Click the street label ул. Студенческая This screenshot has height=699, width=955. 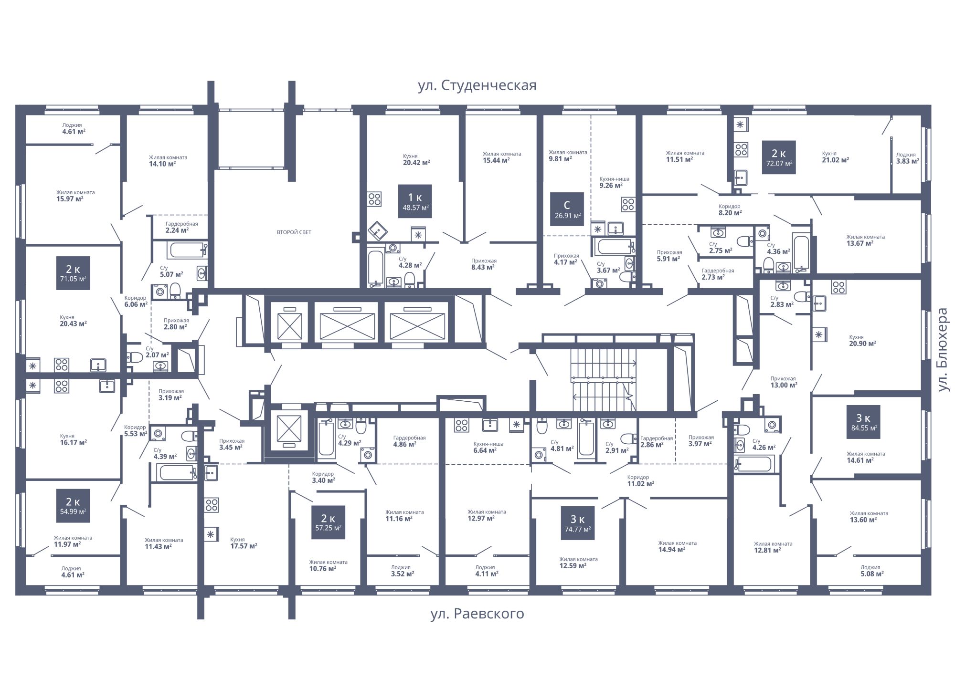click(477, 85)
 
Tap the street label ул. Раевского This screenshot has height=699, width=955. click(477, 614)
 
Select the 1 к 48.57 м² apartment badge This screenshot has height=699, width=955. click(415, 201)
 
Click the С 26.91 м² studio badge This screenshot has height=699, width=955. click(567, 209)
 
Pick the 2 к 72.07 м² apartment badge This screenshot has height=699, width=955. click(779, 157)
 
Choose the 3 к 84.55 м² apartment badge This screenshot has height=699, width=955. click(864, 422)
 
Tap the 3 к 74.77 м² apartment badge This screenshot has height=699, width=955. click(578, 523)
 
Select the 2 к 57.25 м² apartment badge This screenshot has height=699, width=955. click(328, 522)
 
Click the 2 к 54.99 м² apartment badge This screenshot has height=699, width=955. click(73, 505)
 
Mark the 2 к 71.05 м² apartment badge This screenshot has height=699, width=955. click(73, 273)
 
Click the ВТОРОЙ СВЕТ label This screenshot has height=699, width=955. click(294, 232)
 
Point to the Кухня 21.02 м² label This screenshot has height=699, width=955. click(835, 157)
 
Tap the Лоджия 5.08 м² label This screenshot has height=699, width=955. click(870, 571)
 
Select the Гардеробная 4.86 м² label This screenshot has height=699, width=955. click(409, 441)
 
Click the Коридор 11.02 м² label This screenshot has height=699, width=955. click(640, 480)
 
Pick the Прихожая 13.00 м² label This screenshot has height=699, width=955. click(784, 382)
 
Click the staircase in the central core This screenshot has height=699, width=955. click(604, 380)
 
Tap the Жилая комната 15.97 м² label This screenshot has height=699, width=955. click(75, 196)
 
